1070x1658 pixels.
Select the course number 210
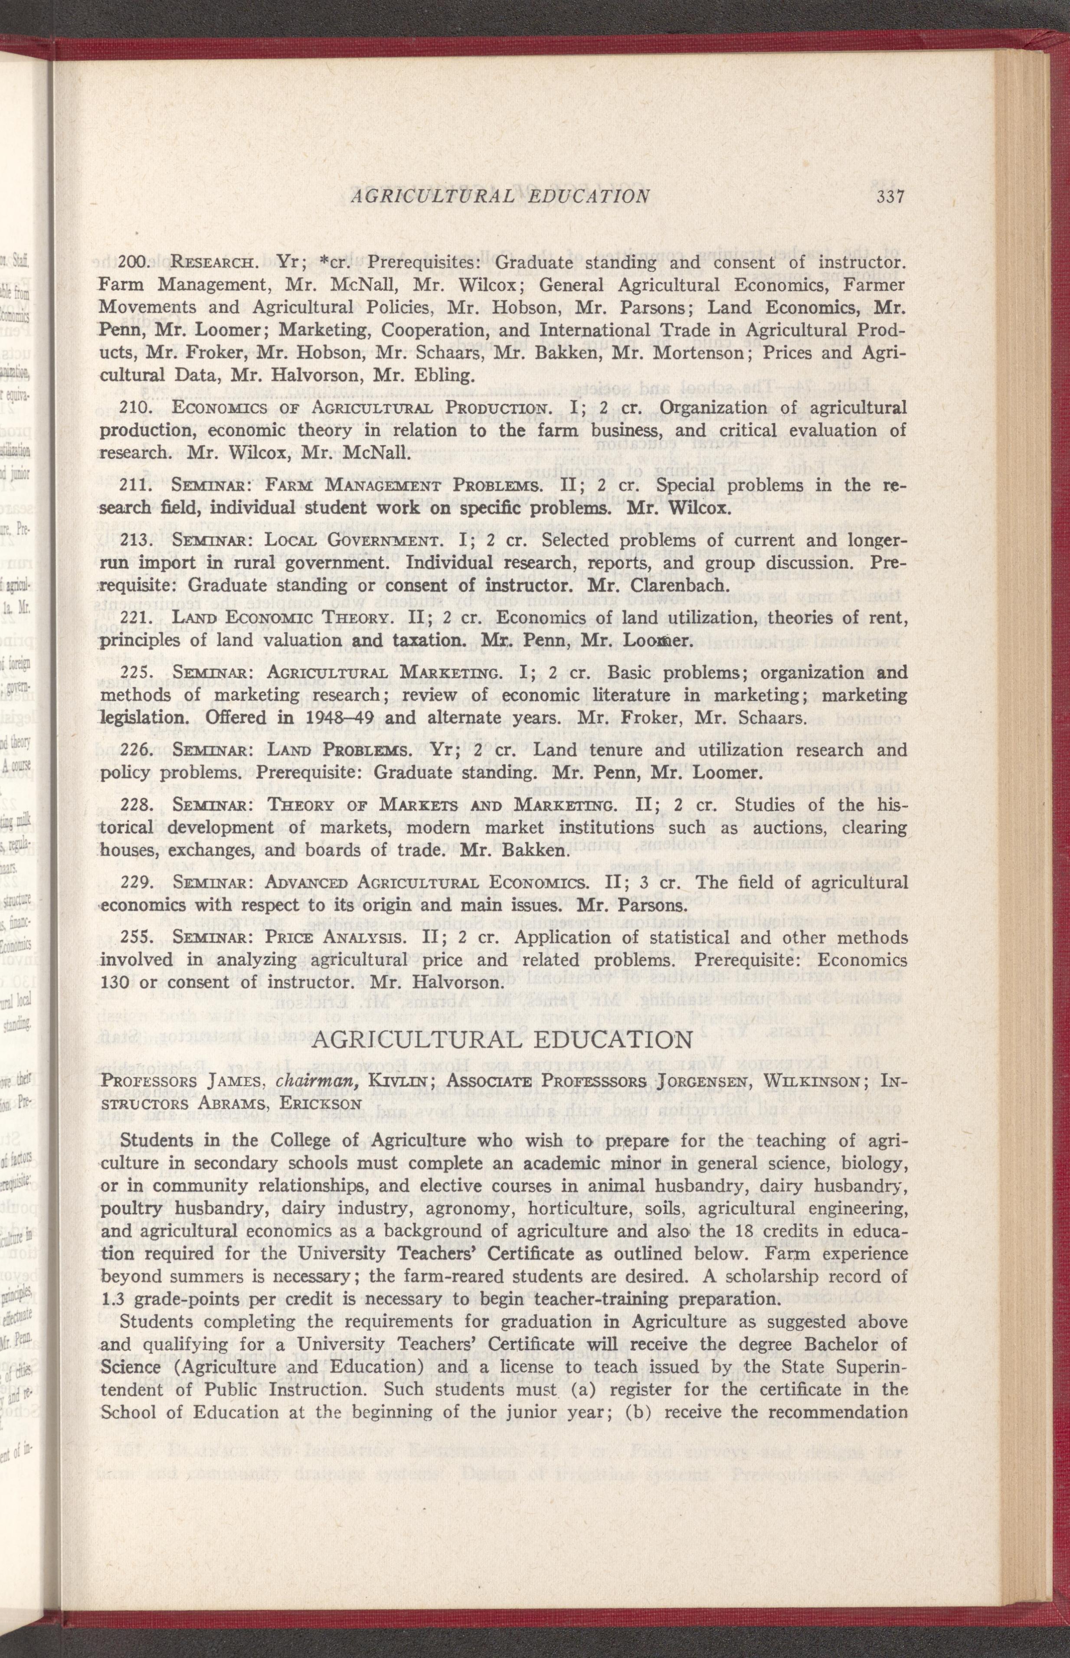click(132, 407)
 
